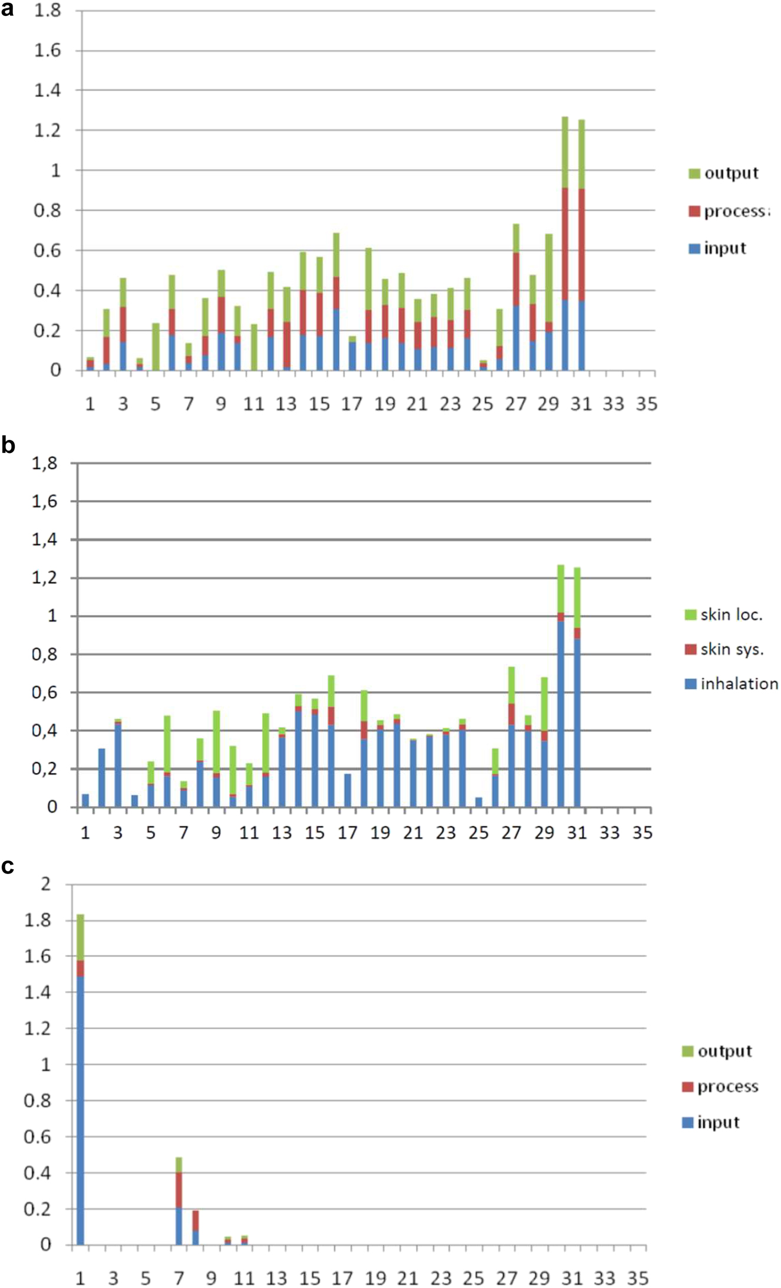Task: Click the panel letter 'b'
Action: click(x=8, y=445)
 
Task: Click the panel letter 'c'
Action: click(x=8, y=866)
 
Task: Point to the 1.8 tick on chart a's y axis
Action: click(x=48, y=11)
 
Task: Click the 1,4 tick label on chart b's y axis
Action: click(x=45, y=540)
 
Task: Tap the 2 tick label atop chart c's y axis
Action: click(x=46, y=884)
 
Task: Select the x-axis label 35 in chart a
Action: click(x=646, y=404)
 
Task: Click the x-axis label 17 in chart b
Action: click(x=347, y=833)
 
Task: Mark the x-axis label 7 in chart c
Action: click(x=179, y=1278)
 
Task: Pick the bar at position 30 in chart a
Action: click(x=565, y=248)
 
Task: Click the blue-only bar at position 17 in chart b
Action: click(x=347, y=790)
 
